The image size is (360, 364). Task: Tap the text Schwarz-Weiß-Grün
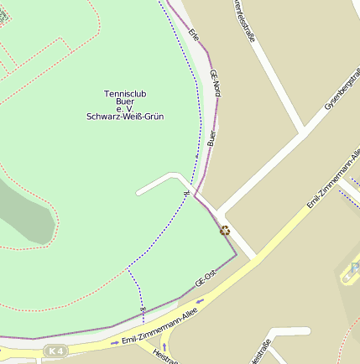tap(125, 117)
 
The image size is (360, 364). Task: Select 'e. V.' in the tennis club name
tap(125, 108)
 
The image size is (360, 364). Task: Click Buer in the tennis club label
tap(125, 101)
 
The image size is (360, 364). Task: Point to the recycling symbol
tap(225, 230)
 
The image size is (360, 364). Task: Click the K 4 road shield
tap(55, 350)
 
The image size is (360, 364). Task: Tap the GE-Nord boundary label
tap(215, 84)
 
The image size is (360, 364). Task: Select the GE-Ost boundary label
tap(206, 279)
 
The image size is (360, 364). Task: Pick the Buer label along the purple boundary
tap(211, 137)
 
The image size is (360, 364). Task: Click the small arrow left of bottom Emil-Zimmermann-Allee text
tap(115, 342)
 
